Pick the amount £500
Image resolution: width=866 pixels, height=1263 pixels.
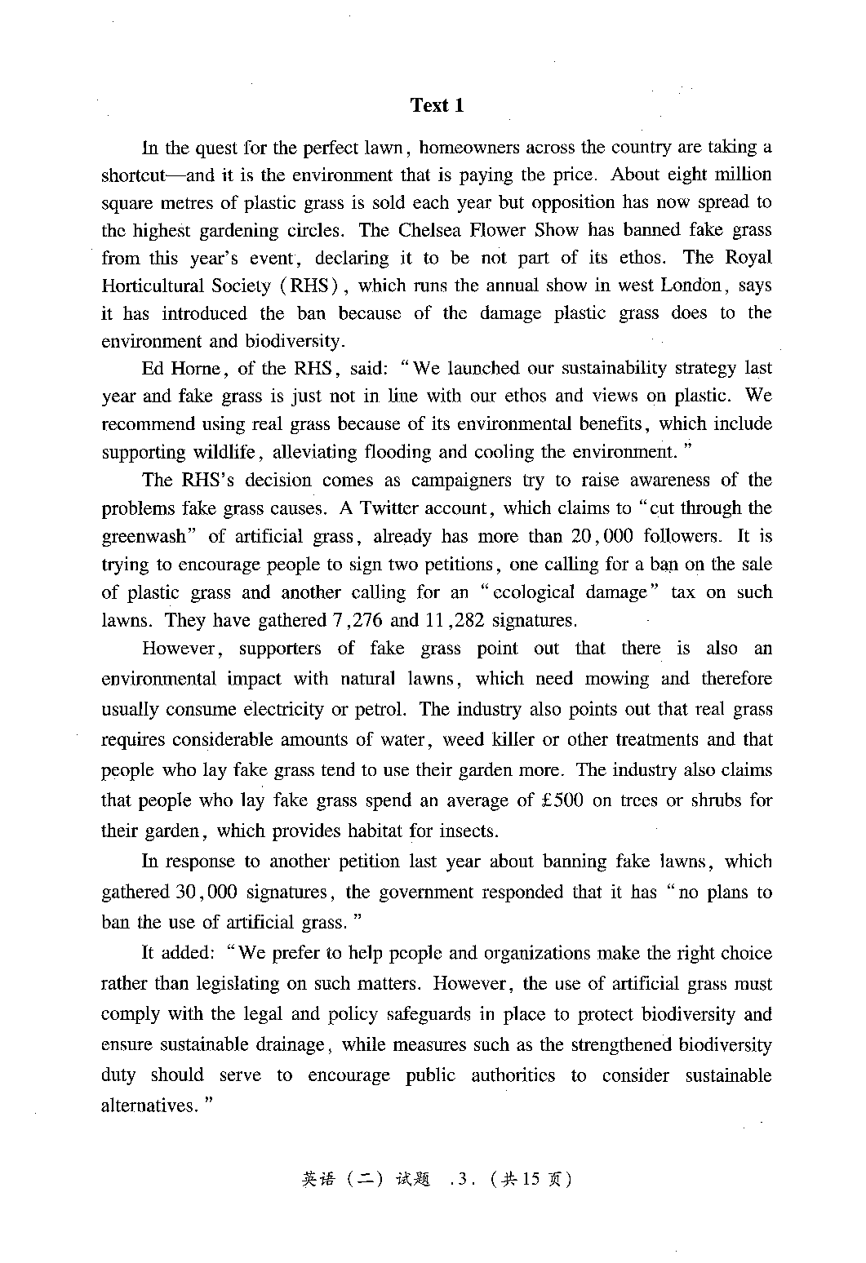pos(562,800)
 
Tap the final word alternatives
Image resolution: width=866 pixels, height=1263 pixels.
pos(149,1106)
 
